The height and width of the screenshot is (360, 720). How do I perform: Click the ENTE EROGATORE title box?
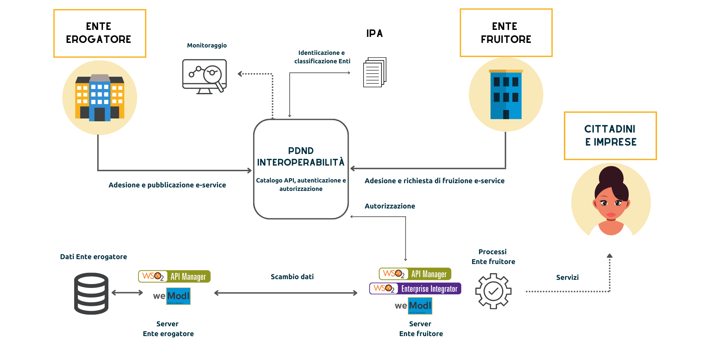pos(99,33)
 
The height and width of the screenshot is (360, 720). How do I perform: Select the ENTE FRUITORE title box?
pos(506,33)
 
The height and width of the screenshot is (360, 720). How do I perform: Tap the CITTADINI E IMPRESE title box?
pos(610,136)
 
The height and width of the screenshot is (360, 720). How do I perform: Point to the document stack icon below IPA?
pos(374,72)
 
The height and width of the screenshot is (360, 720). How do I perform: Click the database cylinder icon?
pos(91,293)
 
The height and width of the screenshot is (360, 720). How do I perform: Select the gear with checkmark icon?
pos(493,291)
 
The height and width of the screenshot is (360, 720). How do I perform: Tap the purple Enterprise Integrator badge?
pos(415,289)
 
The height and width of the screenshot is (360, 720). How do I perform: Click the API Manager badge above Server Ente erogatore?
pos(174,276)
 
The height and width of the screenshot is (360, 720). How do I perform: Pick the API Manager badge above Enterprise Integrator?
pos(415,274)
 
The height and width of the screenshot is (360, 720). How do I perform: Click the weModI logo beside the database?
pos(172,296)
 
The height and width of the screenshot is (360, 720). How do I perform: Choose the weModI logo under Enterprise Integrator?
pos(413,306)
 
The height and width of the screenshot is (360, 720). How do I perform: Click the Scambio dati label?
pos(292,277)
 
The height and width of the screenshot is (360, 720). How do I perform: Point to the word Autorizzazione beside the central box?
pos(390,206)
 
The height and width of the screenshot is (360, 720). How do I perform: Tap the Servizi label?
pos(567,277)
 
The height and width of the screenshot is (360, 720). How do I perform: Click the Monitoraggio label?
pos(207,45)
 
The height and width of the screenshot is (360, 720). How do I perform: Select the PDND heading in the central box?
pos(301,151)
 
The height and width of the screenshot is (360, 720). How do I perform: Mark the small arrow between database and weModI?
pos(127,292)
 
